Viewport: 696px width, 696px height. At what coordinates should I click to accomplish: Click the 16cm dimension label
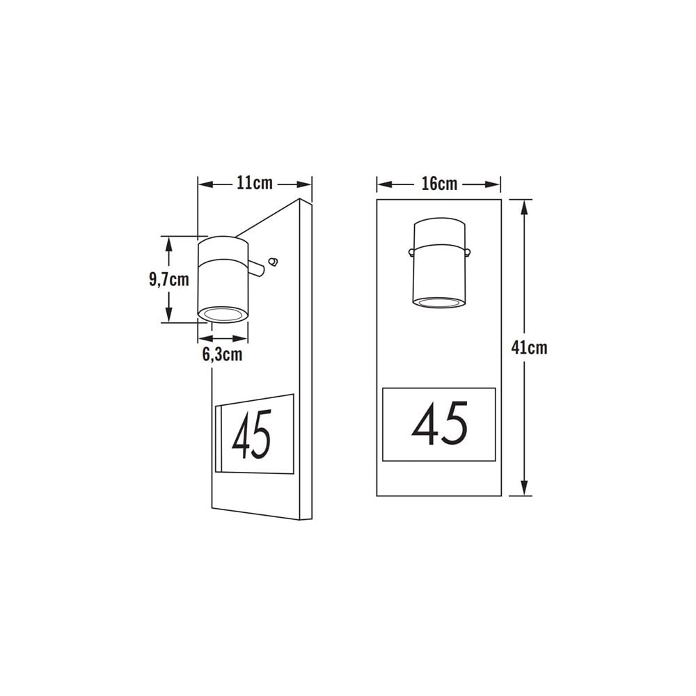point(439,184)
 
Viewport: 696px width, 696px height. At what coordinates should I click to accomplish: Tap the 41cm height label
point(529,347)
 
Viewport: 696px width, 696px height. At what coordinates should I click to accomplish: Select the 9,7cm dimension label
point(168,280)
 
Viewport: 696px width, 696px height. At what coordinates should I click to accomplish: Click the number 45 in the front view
point(439,425)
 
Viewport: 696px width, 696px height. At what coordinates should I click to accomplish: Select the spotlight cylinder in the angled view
point(223,278)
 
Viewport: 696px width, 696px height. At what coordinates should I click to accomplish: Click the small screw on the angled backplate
point(274,262)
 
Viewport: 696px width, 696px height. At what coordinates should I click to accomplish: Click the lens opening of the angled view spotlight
point(223,315)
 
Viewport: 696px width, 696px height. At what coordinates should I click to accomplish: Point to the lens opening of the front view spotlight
point(439,301)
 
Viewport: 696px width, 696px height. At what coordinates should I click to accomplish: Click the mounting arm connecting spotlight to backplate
point(257,267)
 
